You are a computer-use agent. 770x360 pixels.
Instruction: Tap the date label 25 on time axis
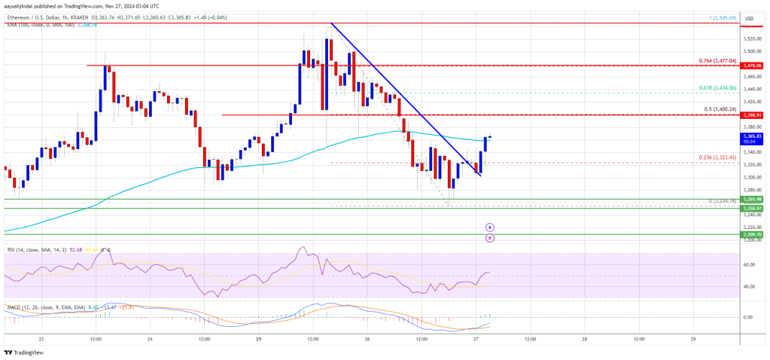(x=257, y=339)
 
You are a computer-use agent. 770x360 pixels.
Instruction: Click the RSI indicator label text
(x=30, y=248)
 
